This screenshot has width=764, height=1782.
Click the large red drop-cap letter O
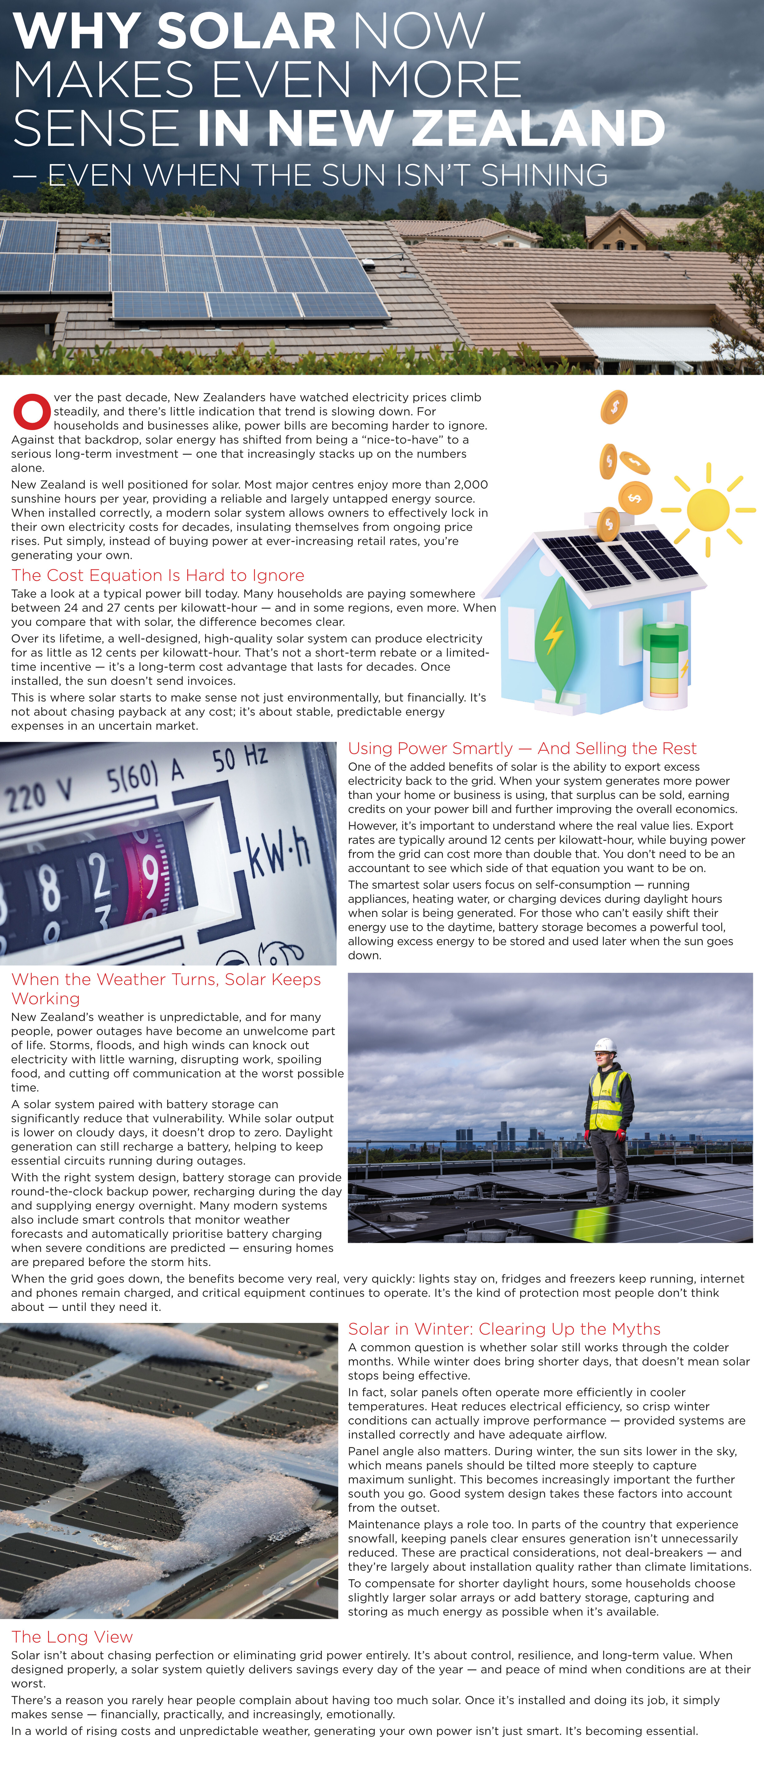32,412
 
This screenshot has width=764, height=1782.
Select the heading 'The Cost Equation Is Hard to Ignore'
158,575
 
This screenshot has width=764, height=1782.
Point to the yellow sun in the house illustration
708,510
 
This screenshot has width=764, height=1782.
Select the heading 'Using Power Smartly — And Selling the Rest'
522,748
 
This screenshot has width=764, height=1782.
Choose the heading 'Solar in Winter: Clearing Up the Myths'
504,1329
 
